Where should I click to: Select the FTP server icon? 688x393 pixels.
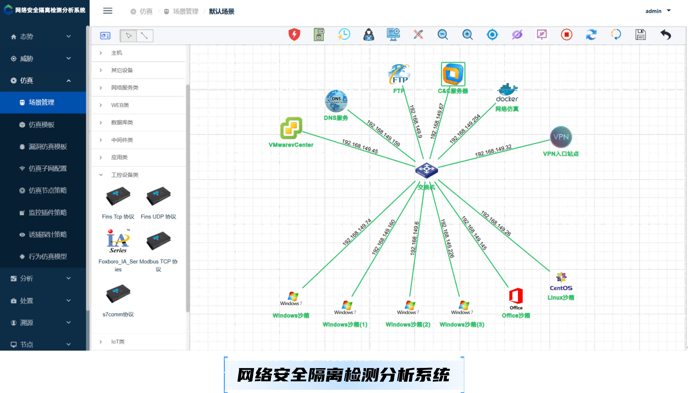pos(399,74)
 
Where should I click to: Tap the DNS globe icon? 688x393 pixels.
pos(336,101)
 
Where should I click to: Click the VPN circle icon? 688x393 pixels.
pos(561,137)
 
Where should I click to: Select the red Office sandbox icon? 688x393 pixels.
pos(516,296)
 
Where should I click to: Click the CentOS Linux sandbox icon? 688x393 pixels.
pos(561,277)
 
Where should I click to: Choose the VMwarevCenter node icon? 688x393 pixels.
pos(291,128)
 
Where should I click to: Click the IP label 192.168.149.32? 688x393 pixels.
pos(493,151)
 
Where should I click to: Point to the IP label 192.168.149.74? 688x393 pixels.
pos(357,232)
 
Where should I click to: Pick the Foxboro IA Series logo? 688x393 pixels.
pos(118,241)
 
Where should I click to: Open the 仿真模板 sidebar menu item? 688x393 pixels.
pos(42,124)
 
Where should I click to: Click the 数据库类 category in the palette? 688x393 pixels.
pos(122,122)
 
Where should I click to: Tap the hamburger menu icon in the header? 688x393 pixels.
pos(108,11)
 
